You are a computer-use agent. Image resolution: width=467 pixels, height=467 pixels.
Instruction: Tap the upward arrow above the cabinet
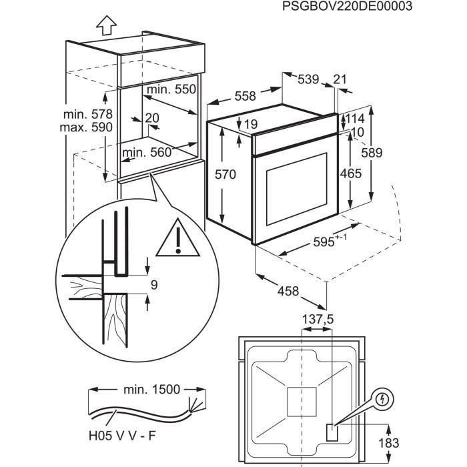105,25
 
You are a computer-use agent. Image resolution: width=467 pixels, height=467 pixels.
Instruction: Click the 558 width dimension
245,96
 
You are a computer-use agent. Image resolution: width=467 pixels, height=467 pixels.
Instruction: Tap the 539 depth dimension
308,80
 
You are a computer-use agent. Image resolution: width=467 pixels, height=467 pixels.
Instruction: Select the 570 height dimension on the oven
225,175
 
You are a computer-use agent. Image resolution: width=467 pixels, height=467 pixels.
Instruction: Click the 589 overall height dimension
371,153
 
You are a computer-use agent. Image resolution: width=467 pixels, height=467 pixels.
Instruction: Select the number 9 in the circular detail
154,285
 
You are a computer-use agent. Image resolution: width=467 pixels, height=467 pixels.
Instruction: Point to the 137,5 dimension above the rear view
316,320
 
